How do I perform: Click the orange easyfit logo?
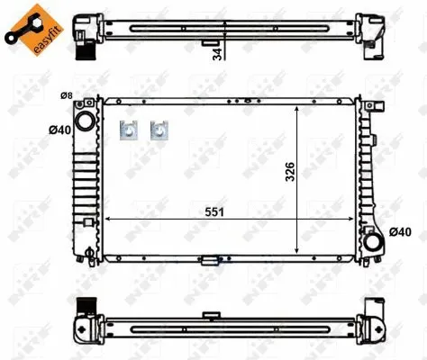coord(33,29)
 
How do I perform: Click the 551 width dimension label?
coord(214,212)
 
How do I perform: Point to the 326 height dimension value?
coord(290,172)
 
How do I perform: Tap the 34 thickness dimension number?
coord(217,54)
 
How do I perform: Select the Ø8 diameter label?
coord(67,95)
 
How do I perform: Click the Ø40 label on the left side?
coord(60,130)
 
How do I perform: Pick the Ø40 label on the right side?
coord(400,232)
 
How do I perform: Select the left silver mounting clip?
coord(129,130)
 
